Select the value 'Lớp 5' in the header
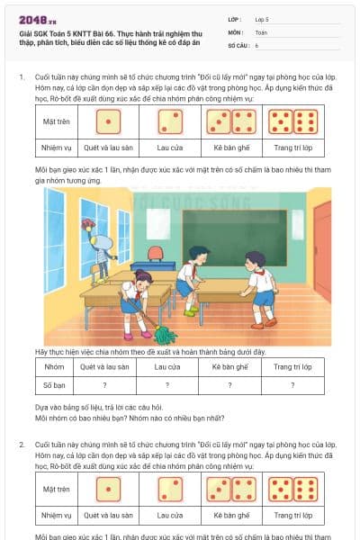point(263,19)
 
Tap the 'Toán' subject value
point(261,31)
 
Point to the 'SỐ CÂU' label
point(238,44)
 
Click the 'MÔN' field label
point(235,31)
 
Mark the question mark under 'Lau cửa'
point(166,384)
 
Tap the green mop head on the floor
point(166,337)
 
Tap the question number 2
point(22,445)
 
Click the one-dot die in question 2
point(110,489)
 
